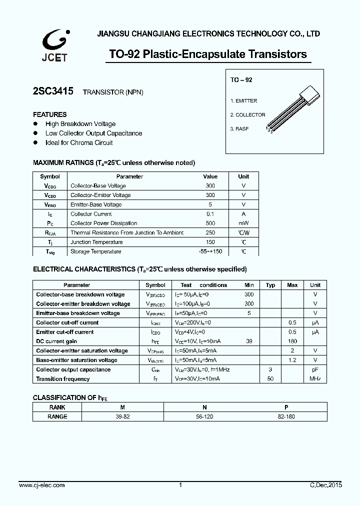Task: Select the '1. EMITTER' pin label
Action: point(243,101)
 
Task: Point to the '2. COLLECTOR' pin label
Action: point(247,115)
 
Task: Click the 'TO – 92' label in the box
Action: point(241,80)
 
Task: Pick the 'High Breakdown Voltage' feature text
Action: point(80,124)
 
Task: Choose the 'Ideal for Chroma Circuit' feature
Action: point(79,143)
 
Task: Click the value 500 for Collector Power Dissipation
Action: point(210,223)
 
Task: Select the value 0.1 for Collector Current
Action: point(210,214)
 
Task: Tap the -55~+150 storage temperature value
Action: point(210,251)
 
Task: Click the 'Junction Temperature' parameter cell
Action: point(96,242)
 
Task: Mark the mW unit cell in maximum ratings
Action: point(243,223)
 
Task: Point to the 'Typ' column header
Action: point(270,285)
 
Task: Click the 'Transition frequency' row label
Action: point(63,379)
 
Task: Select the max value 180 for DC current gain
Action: point(292,341)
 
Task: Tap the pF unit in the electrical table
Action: point(315,369)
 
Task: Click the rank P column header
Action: point(286,407)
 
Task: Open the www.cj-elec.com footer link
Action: point(41,485)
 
